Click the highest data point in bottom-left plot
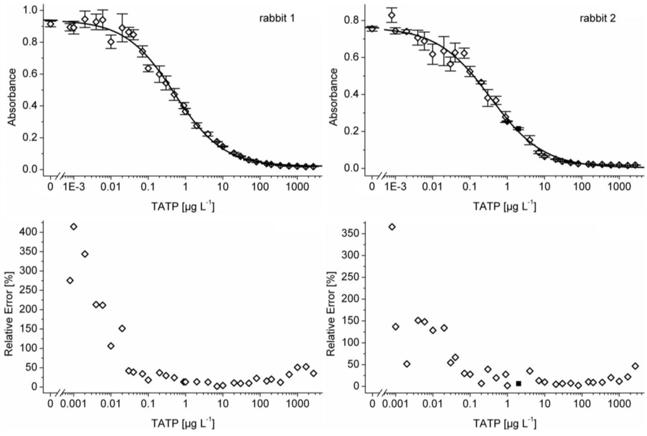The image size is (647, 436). (x=73, y=226)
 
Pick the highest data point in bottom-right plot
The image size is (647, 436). (x=392, y=227)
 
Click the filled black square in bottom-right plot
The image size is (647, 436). (x=518, y=384)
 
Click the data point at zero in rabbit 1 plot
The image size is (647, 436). (x=51, y=24)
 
